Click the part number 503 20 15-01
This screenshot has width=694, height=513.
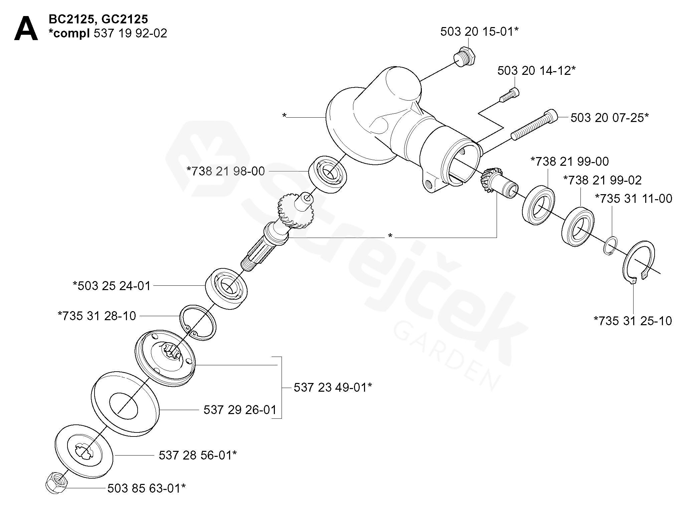479,32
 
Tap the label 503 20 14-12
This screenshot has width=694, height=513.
536,71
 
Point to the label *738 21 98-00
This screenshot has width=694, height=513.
226,171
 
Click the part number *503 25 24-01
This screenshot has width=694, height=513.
112,286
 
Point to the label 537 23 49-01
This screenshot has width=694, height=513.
333,388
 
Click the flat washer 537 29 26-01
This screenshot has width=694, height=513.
125,403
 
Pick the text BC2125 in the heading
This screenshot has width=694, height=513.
71,19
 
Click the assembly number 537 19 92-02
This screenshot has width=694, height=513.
131,34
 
